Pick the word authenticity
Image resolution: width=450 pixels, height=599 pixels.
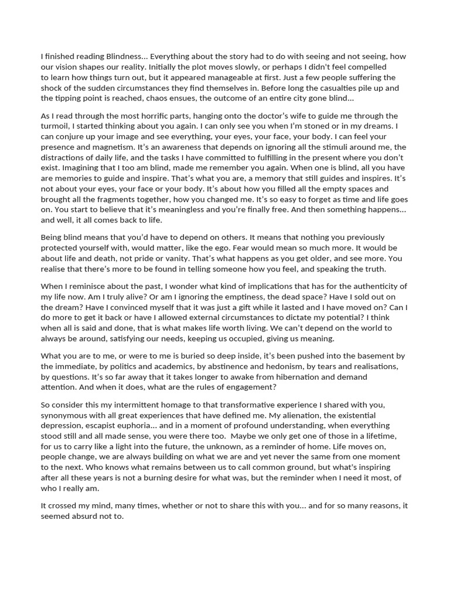click(x=367, y=286)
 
